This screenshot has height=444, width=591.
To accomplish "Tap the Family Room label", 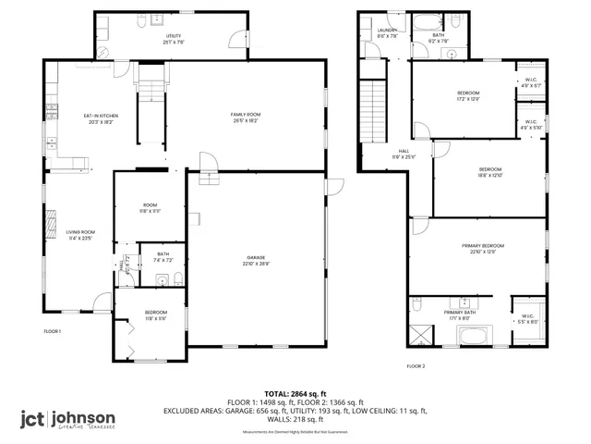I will pyautogui.click(x=245, y=117).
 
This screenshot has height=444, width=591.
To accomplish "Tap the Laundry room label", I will pyautogui.click(x=387, y=33).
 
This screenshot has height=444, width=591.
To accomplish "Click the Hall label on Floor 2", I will pyautogui.click(x=404, y=154).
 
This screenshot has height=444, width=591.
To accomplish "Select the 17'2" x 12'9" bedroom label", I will pyautogui.click(x=469, y=96).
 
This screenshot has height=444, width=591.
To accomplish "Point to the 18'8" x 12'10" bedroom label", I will pyautogui.click(x=489, y=172).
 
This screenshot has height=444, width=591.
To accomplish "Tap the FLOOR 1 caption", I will pyautogui.click(x=53, y=331).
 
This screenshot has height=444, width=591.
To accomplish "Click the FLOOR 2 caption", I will pyautogui.click(x=416, y=366).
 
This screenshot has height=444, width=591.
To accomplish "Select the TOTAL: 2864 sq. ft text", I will pyautogui.click(x=295, y=394).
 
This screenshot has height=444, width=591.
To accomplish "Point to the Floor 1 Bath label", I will pyautogui.click(x=163, y=256).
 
